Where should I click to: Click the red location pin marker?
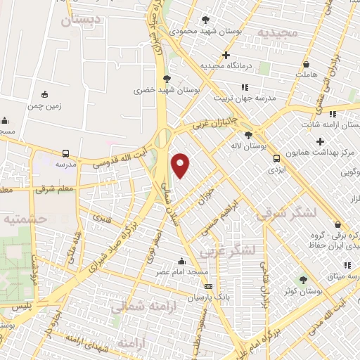coord(181,165)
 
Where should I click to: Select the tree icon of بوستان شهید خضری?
coord(166,79)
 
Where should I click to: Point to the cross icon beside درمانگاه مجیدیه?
coord(226,55)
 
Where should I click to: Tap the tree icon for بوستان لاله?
coord(247,135)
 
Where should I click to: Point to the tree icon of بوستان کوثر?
coord(303,280)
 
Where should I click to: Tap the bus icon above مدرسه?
coord(65,153)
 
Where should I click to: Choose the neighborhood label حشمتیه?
coord(25,219)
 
